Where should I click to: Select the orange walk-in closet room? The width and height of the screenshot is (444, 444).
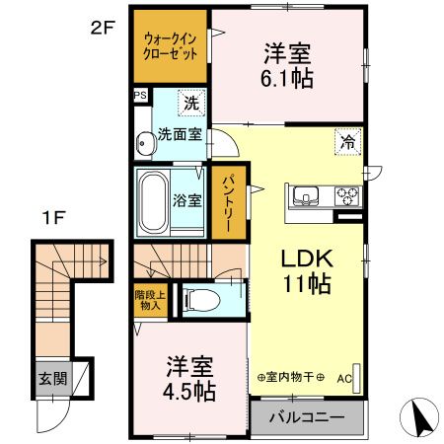[x=171, y=47]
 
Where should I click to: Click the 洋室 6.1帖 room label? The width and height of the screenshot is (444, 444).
[x=288, y=66]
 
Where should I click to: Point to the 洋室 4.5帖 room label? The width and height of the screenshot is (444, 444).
[x=189, y=376]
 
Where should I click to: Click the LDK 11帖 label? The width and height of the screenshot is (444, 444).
[x=306, y=269]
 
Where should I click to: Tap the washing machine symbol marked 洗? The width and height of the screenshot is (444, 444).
[x=191, y=102]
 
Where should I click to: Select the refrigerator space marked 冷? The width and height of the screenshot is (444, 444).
[x=348, y=140]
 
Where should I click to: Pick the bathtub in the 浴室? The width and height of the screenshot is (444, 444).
[x=156, y=199]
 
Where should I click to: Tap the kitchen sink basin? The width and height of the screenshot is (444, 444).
[x=304, y=193]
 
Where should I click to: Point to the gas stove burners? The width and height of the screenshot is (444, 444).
[x=349, y=193]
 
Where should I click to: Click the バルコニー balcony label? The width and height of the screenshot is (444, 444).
[x=310, y=417]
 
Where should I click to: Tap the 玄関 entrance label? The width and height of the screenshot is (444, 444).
[x=53, y=379]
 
